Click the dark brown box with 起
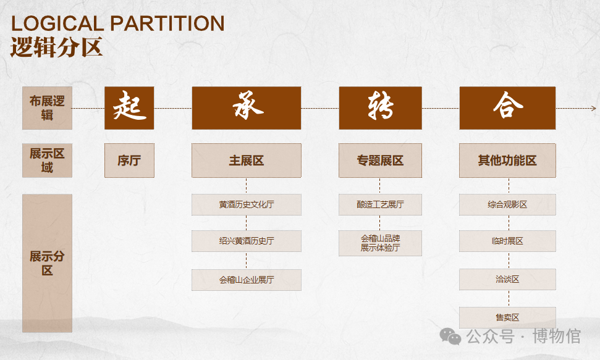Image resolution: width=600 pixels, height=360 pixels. tap(129, 108)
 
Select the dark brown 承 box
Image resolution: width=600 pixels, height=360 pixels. tap(247, 108)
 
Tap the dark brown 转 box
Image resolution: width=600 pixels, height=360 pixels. tap(381, 108)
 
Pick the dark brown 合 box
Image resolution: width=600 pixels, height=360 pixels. tap(507, 108)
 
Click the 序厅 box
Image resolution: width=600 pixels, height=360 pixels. tap(129, 161)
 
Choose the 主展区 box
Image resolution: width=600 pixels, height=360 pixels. tap(247, 161)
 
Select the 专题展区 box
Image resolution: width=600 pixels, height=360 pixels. tap(381, 161)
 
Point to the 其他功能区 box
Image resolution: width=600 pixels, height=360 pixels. tap(507, 161)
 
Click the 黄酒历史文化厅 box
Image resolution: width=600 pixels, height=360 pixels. tap(247, 204)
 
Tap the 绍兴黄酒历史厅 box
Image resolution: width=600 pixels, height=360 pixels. tap(247, 241)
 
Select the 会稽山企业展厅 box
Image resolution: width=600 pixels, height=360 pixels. tap(247, 280)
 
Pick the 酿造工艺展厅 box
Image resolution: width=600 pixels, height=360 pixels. tap(381, 204)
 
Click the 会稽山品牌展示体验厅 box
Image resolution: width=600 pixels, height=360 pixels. tap(381, 243)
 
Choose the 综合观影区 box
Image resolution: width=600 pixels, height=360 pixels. tap(507, 204)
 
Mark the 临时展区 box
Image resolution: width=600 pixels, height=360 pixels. tap(507, 241)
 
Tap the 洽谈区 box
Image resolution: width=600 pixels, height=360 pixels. tap(507, 279)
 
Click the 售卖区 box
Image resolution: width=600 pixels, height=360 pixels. tap(507, 317)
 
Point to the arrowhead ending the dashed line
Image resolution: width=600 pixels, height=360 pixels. tap(594, 108)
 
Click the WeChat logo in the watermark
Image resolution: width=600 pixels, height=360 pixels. tap(450, 337)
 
